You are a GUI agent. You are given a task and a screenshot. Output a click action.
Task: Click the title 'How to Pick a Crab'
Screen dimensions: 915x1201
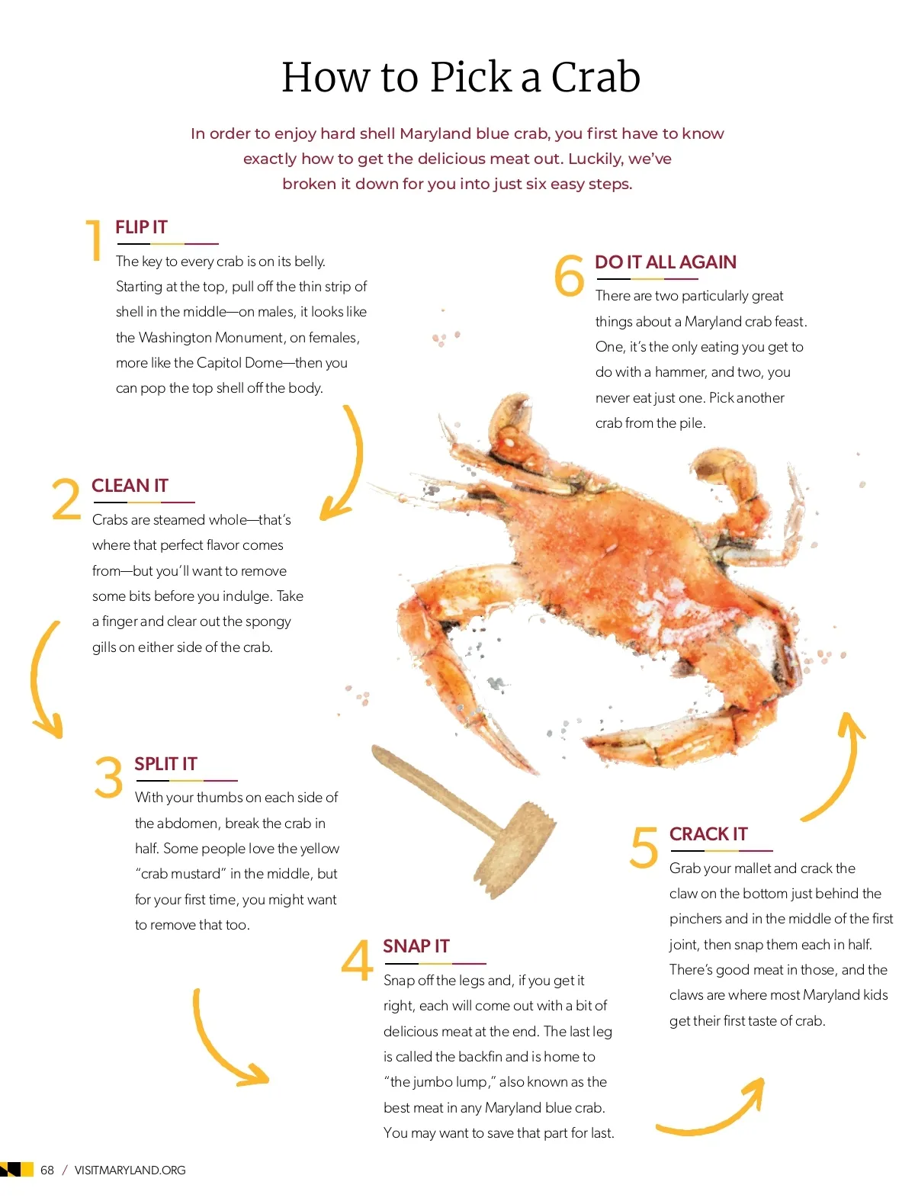click(460, 77)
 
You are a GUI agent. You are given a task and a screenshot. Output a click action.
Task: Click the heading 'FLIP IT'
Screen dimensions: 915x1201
click(141, 227)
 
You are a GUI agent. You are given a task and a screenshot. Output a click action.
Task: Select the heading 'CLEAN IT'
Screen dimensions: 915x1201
click(130, 485)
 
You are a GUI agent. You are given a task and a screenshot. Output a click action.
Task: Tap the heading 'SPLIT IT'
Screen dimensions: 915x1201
click(165, 764)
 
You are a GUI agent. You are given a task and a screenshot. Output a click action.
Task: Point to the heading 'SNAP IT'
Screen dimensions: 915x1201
click(416, 946)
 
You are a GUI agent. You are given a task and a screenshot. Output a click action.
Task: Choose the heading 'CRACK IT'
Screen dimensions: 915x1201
click(708, 834)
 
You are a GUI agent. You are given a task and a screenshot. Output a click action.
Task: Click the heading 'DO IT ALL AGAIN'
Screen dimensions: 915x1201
click(666, 262)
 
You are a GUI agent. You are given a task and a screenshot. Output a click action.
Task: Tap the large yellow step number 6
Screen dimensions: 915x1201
click(569, 275)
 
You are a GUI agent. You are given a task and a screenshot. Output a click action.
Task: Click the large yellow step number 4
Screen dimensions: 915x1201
click(357, 960)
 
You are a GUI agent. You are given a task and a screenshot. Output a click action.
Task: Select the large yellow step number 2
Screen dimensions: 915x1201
click(66, 499)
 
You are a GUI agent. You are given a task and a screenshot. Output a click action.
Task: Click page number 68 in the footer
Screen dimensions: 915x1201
click(47, 1170)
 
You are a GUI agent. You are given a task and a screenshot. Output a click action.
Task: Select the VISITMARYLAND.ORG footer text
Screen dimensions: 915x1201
click(130, 1170)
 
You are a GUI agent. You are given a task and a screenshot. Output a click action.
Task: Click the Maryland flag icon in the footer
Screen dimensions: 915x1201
click(17, 1169)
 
